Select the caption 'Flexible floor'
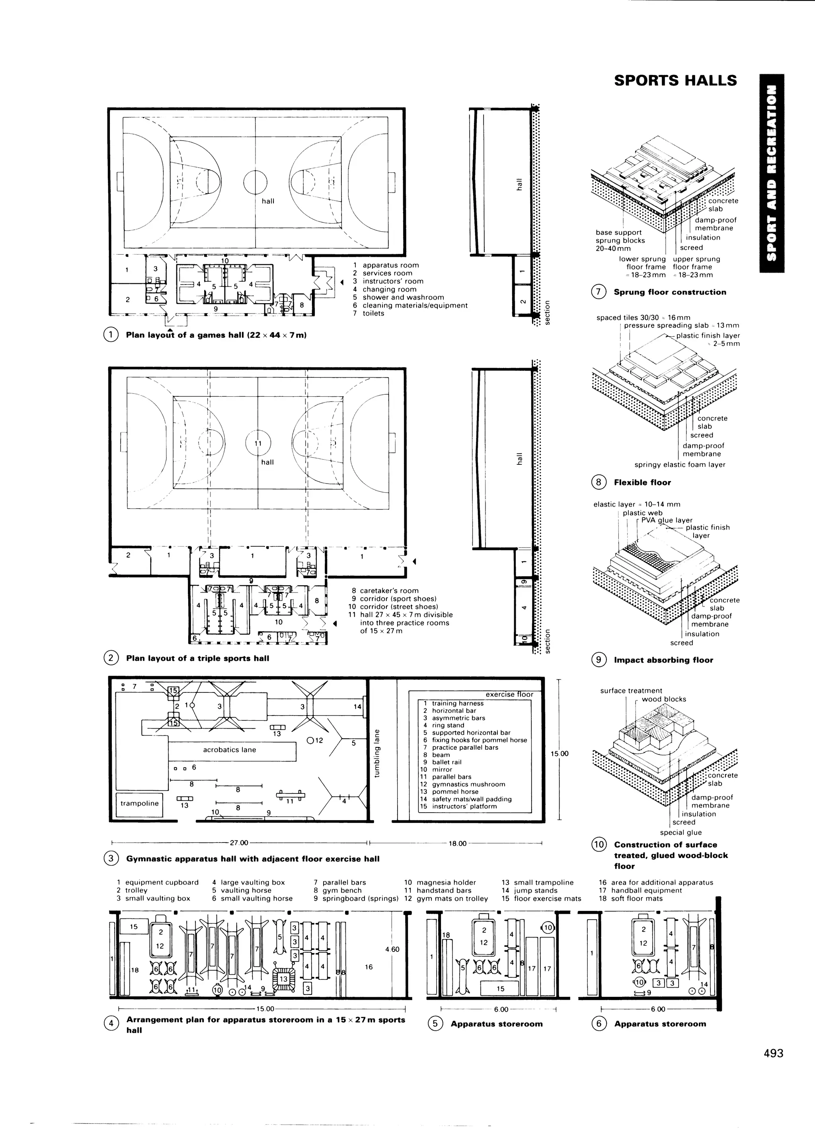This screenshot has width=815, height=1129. (x=642, y=482)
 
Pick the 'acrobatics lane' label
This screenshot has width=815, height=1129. (x=230, y=750)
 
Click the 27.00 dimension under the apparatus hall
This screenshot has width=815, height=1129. (x=239, y=843)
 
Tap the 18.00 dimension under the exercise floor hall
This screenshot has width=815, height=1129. (x=458, y=843)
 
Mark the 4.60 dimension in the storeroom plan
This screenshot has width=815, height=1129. (x=392, y=949)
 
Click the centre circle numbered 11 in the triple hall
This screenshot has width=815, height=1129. (x=258, y=443)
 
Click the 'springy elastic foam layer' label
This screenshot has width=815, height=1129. (x=680, y=464)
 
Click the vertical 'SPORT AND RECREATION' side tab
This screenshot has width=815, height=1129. (x=772, y=173)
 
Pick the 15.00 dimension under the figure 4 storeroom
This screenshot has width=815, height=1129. (x=265, y=1009)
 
